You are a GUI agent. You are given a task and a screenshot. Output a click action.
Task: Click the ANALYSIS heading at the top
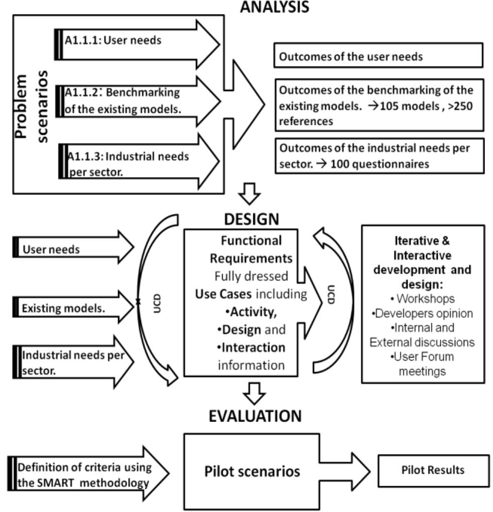pos(274,7)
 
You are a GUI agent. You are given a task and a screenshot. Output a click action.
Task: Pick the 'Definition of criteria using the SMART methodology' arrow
pos(85,475)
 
